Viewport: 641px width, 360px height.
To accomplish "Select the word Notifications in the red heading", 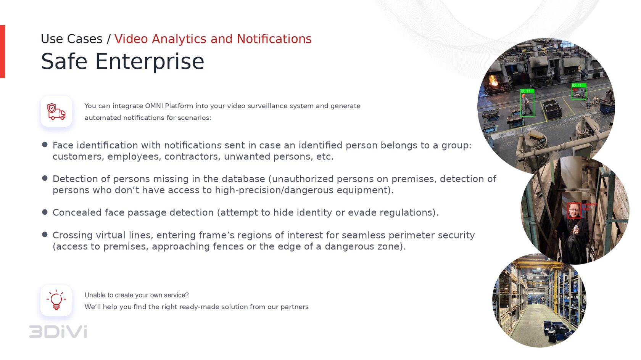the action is (x=274, y=39).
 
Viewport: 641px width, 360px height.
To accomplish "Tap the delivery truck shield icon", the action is (x=56, y=111).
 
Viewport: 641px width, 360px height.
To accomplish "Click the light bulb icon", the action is (x=56, y=300).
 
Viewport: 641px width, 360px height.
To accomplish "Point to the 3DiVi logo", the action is (x=58, y=332).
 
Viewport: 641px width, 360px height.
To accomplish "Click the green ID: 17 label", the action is (x=527, y=91).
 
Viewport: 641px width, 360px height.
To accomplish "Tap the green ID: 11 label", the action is (x=578, y=85).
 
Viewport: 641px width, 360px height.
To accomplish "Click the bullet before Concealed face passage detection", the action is (x=45, y=212).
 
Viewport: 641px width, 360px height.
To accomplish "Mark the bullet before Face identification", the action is (x=45, y=145).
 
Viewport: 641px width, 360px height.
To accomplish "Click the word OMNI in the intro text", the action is (x=154, y=106).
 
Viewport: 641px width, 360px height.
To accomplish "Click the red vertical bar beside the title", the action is (x=3, y=51).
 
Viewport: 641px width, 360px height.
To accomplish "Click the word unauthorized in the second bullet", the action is (x=302, y=179).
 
